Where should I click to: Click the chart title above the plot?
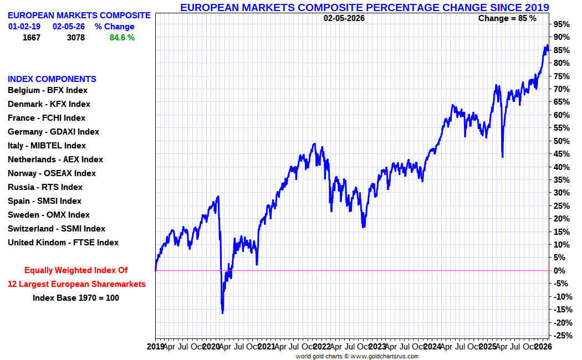point(364,7)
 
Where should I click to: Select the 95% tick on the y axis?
point(561,24)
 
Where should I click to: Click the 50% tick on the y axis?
point(561,141)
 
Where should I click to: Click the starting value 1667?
point(31,38)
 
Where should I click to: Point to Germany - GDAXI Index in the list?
point(53,132)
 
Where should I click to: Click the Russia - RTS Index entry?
point(45,187)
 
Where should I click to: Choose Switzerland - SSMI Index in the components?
point(56,229)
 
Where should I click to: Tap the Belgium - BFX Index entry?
point(48,90)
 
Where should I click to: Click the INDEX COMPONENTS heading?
point(52,79)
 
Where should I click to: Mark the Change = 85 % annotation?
point(507,18)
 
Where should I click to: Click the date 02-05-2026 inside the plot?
point(344,18)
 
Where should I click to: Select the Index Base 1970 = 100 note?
point(76,298)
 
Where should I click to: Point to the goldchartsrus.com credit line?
point(357,356)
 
